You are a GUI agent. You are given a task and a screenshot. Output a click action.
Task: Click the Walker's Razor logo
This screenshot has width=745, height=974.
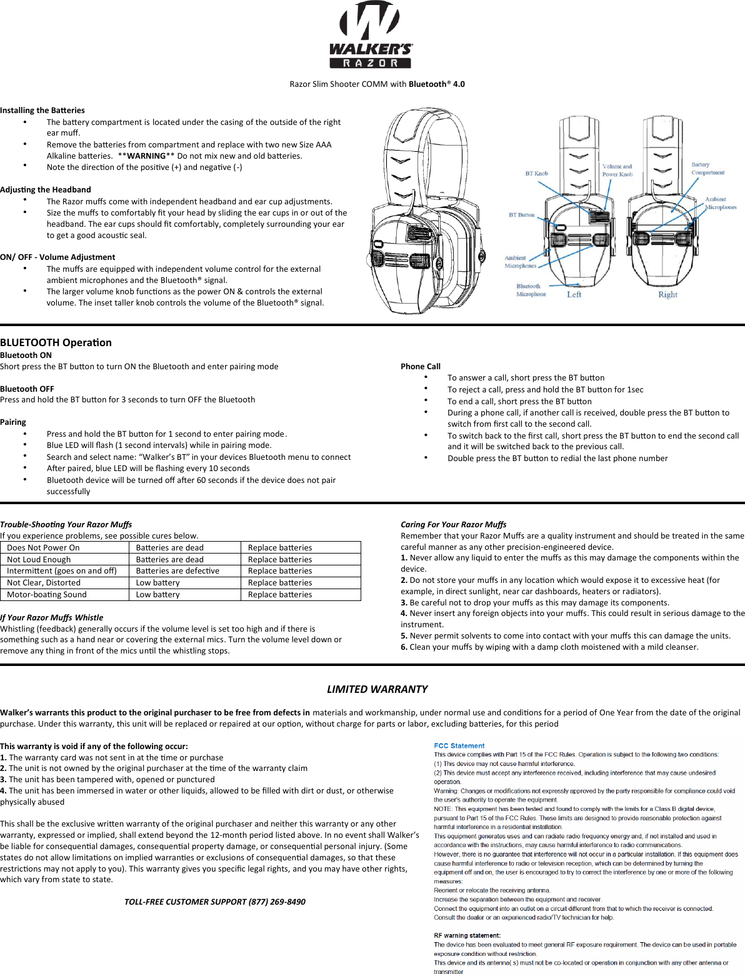[371, 36]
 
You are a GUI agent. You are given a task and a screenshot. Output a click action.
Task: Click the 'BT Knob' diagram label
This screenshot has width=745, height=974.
[536, 174]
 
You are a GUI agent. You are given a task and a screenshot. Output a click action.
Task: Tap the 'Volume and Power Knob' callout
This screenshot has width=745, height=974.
[617, 171]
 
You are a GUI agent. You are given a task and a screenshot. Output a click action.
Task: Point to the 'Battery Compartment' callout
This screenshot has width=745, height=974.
[707, 169]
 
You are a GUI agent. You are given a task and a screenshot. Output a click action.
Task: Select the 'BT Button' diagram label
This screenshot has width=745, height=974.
[521, 215]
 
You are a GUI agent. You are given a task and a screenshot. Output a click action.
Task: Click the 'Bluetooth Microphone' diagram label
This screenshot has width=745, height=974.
[531, 290]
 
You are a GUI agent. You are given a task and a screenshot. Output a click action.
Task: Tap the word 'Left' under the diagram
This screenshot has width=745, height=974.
[574, 294]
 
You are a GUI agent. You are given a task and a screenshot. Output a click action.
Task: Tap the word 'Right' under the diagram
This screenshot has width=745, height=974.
[667, 294]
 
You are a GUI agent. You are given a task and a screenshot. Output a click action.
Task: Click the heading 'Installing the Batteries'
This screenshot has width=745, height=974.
[42, 111]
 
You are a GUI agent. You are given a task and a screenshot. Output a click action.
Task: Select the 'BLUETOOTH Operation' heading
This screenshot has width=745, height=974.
[56, 342]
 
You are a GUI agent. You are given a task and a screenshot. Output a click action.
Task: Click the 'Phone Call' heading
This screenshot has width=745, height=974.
[420, 367]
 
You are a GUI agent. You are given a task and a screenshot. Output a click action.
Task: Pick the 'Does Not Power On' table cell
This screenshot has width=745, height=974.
[43, 548]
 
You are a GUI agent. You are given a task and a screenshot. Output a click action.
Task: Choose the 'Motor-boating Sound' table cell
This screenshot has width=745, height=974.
[47, 595]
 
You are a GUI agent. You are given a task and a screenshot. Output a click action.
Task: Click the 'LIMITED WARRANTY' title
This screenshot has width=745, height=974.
[377, 689]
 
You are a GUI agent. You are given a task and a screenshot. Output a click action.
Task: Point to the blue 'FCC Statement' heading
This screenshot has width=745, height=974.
[459, 746]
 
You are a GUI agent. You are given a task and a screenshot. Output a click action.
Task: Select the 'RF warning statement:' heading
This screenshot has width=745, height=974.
[467, 935]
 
